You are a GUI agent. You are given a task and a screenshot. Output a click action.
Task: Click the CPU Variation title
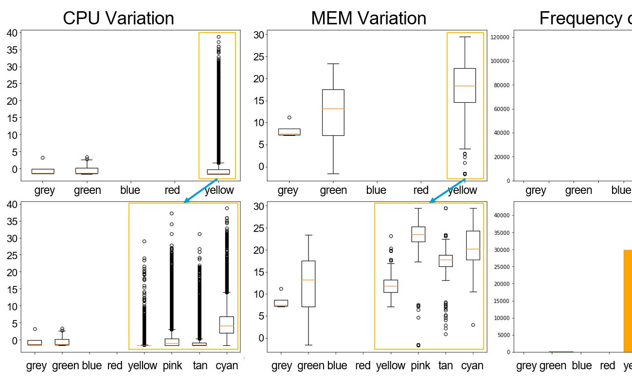tap(118, 18)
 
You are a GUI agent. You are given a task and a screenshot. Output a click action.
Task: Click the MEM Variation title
tap(368, 18)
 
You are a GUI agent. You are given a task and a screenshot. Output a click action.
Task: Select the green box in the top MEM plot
tap(333, 112)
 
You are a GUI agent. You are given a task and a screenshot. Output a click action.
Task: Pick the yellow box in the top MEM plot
tap(465, 86)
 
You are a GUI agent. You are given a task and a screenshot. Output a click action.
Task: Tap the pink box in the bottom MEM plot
tap(418, 234)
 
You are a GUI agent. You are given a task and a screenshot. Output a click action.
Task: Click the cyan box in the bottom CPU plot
tap(227, 325)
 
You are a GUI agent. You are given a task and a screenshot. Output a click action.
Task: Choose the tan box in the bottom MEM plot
tap(445, 261)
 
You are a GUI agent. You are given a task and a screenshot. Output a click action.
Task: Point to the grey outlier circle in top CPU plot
tap(43, 158)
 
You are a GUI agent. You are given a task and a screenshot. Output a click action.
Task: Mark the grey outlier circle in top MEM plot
tap(289, 117)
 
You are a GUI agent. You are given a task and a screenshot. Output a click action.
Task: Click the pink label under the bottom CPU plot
tap(172, 365)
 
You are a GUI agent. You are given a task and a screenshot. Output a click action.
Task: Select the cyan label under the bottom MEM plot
tap(472, 365)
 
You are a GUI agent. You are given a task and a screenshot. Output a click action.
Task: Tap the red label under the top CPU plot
tap(172, 190)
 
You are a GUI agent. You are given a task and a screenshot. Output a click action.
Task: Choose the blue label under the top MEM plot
tap(376, 190)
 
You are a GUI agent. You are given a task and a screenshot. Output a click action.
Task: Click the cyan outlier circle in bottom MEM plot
tap(473, 325)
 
